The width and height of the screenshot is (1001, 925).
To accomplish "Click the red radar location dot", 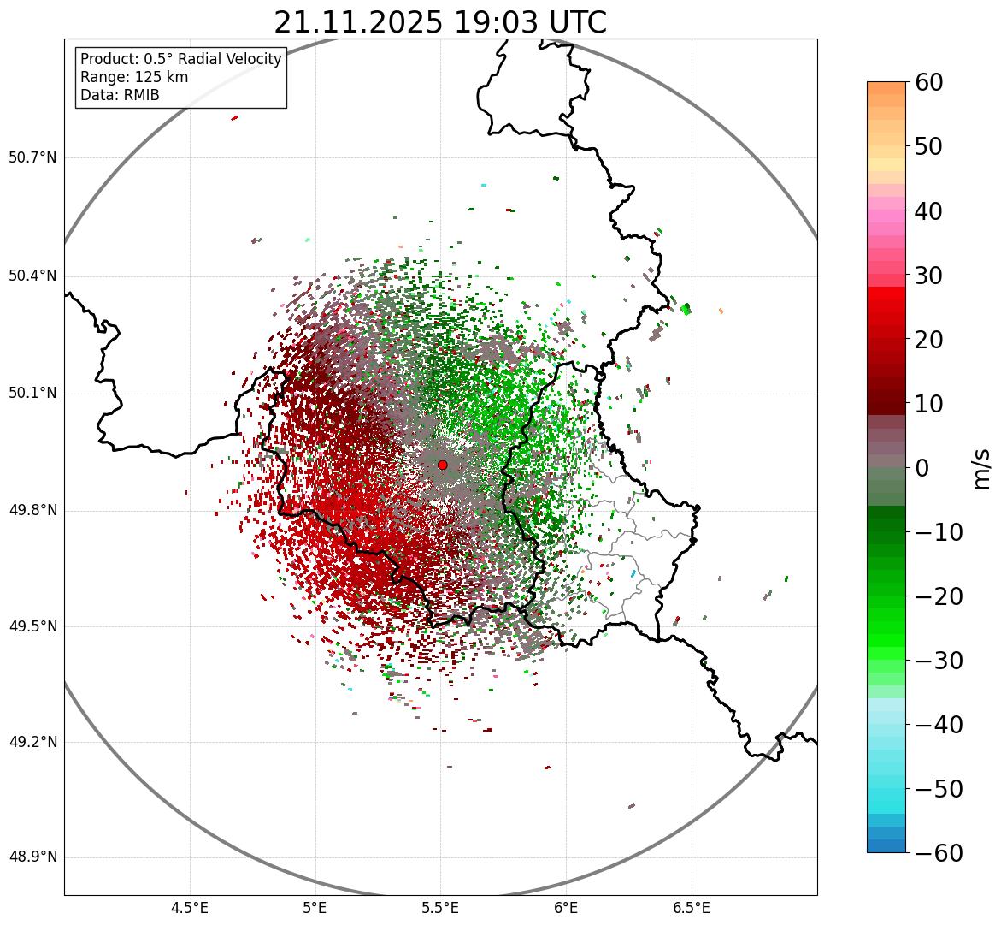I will point(442,465).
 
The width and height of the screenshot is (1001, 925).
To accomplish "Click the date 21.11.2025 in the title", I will point(358,23).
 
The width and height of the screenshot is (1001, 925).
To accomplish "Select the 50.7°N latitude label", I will point(32,158).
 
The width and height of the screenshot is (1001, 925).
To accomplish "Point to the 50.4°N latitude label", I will point(32,276).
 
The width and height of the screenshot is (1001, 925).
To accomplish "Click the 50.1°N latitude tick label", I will point(32,394).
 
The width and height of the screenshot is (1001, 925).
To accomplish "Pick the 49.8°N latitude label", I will point(32,511).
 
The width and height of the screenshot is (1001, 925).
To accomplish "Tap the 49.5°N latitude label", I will point(32,626).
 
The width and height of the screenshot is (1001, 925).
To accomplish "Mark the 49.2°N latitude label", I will point(32,742).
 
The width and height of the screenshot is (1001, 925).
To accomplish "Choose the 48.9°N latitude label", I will point(32,857).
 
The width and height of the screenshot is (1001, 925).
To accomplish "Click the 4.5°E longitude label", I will point(190,907).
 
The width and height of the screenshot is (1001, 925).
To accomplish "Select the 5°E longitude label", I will point(315,907).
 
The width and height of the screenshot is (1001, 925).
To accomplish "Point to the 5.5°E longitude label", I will point(440,907).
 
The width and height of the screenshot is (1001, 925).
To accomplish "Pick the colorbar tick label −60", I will point(939,853).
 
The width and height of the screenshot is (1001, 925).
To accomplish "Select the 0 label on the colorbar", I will point(922,468).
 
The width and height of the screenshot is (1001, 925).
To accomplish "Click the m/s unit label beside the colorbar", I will point(982,468).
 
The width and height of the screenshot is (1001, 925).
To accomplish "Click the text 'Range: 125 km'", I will point(134,77).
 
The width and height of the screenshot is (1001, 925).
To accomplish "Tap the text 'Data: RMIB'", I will point(120,95).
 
